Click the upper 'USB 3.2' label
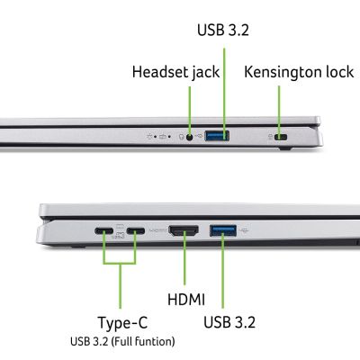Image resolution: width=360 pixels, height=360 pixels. [x=223, y=30]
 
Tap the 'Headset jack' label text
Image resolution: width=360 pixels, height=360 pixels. [x=175, y=71]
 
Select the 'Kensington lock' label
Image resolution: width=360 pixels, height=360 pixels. [x=299, y=71]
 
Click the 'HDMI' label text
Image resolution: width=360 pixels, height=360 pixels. [x=186, y=298]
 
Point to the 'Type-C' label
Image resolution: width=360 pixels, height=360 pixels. [x=121, y=322]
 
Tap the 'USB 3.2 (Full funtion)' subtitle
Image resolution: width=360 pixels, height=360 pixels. [x=121, y=341]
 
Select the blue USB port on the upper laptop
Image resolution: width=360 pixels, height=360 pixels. [x=216, y=137]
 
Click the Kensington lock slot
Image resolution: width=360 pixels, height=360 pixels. [x=280, y=138]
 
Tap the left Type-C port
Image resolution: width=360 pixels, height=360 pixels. [x=103, y=231]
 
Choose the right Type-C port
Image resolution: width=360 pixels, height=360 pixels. [x=136, y=231]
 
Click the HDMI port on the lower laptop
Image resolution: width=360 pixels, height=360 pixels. [x=184, y=231]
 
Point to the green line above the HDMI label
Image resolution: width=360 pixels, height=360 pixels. [x=184, y=263]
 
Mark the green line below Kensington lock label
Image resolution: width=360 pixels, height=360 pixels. [x=280, y=106]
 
